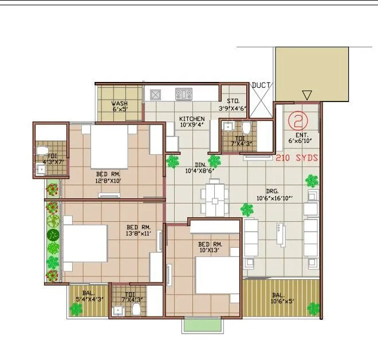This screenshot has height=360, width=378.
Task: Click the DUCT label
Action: click(x=261, y=85)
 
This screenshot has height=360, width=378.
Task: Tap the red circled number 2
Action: click(x=297, y=120)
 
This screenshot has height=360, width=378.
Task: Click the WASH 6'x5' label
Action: click(x=120, y=107)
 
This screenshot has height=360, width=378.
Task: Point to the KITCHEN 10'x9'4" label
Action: click(x=191, y=122)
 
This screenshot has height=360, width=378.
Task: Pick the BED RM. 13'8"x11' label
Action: click(x=137, y=230)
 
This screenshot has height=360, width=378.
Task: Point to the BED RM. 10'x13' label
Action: click(x=210, y=247)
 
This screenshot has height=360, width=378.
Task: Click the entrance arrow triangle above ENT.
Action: click(x=307, y=95)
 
